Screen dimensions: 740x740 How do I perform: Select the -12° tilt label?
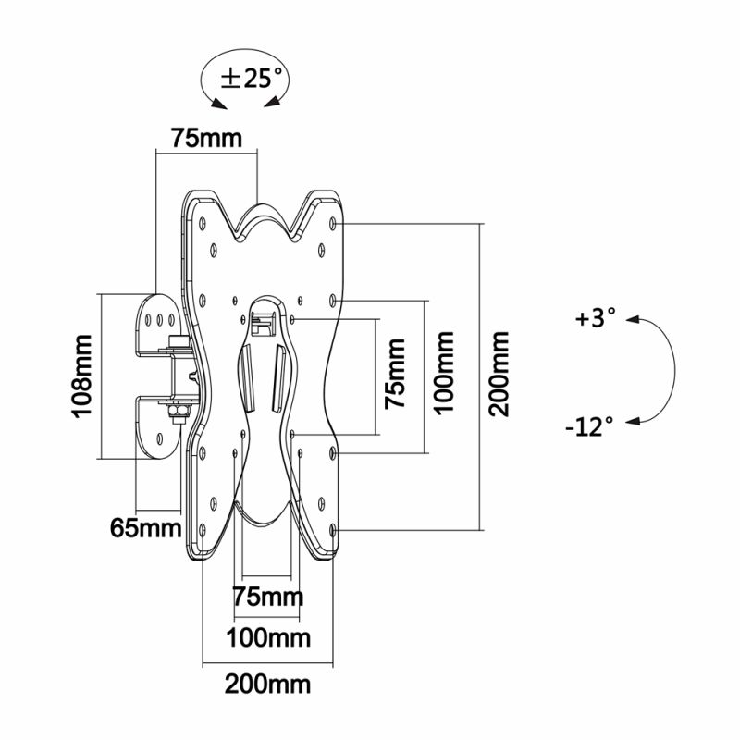pos(589,426)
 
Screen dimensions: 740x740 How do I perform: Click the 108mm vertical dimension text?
pos(81,376)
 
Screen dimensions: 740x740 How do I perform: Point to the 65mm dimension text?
pos(146,527)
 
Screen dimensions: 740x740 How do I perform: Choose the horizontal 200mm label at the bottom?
pos(267,684)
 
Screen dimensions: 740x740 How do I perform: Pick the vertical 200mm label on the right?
pos(499,374)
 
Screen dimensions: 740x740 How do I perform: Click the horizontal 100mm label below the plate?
pos(268,638)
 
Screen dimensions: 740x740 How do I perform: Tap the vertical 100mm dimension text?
pos(444,373)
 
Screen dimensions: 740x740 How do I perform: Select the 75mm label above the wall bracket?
pos(206,138)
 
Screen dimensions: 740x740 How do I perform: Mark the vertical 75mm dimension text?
pos(395,374)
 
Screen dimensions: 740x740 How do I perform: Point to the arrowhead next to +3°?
pos(633,320)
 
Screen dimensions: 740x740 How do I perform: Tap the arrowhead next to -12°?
pos(633,421)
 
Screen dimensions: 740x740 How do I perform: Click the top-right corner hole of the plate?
pos(333,223)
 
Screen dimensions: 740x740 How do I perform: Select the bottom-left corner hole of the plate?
pos(203,530)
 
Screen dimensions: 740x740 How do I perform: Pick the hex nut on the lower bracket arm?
pos(178,411)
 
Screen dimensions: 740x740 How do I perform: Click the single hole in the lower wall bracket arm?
pos(159,438)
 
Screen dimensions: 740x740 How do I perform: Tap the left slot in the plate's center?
pos(247,377)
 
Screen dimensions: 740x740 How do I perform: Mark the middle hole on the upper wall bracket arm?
pos(159,320)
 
